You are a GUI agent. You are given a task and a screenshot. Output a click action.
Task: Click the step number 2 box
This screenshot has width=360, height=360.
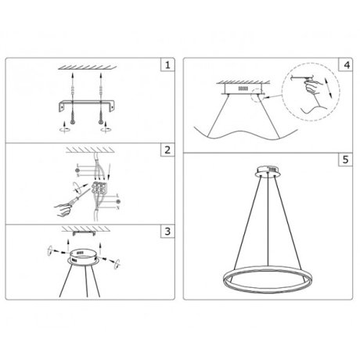pos(166,149)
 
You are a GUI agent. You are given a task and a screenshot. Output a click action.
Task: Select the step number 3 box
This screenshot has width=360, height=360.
pos(166,232)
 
